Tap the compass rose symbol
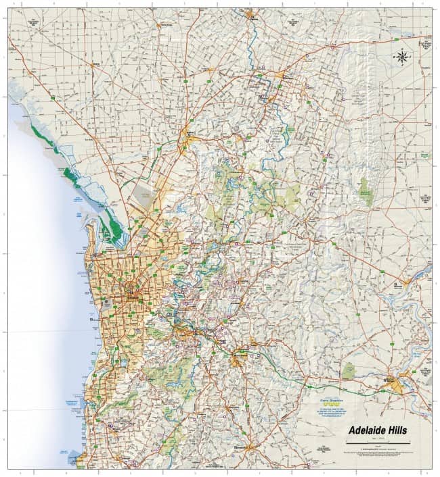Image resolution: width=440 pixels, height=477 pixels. coord(402,57)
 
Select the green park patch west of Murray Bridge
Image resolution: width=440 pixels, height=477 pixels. coord(349,371)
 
